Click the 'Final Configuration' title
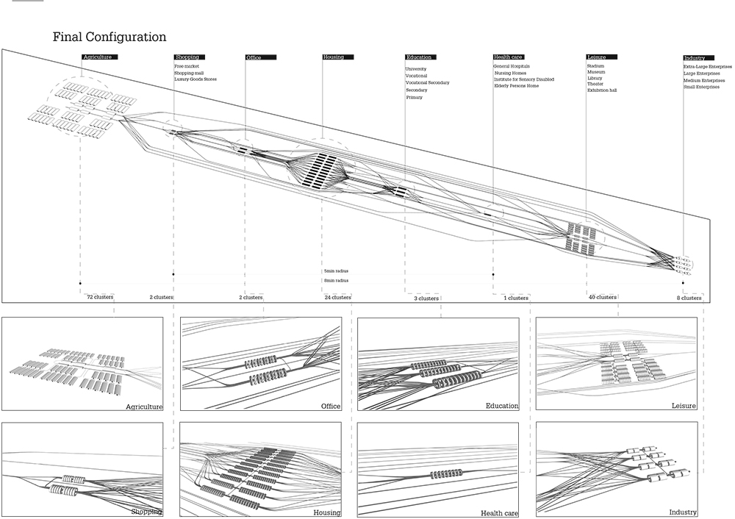pyautogui.click(x=110, y=37)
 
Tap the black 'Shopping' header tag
pyautogui.click(x=186, y=57)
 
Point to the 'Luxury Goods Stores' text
pyautogui.click(x=196, y=79)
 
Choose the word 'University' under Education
pyautogui.click(x=416, y=69)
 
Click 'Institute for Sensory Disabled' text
pyautogui.click(x=524, y=79)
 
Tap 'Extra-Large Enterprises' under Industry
pyautogui.click(x=707, y=68)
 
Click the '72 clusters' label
pyautogui.click(x=99, y=298)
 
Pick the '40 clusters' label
pyautogui.click(x=602, y=298)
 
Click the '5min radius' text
pyautogui.click(x=335, y=271)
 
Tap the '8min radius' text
pyautogui.click(x=335, y=280)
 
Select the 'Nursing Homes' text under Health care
pyautogui.click(x=512, y=73)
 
